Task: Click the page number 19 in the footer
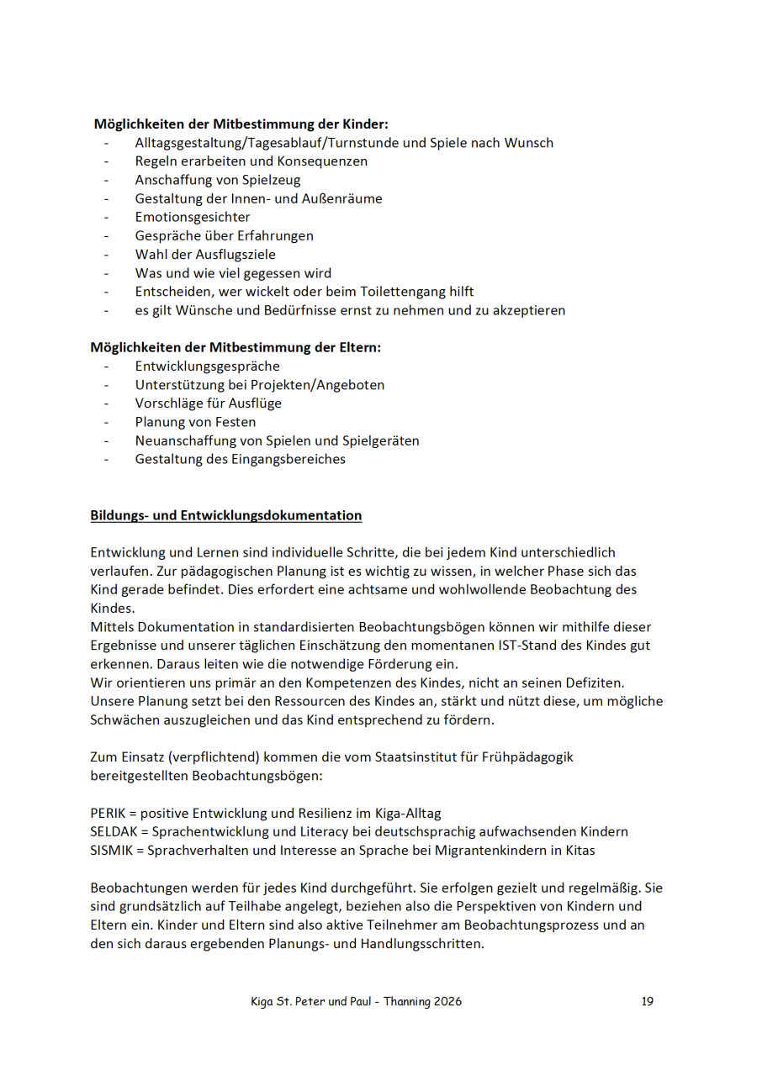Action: (x=647, y=1001)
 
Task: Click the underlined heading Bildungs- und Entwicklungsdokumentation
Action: (x=226, y=515)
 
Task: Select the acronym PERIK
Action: (x=107, y=813)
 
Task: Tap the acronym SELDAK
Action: (x=112, y=831)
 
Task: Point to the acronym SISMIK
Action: (x=110, y=850)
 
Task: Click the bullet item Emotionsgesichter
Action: (x=192, y=217)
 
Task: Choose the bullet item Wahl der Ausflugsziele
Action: (x=204, y=254)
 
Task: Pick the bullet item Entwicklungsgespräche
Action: (x=207, y=366)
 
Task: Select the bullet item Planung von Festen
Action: (x=195, y=422)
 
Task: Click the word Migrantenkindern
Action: (x=488, y=850)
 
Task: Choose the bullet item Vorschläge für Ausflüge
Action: (x=208, y=403)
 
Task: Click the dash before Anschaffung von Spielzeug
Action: (x=107, y=180)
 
